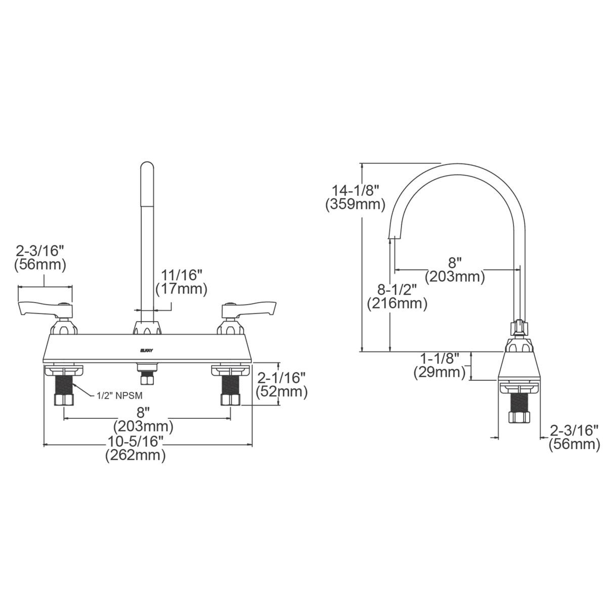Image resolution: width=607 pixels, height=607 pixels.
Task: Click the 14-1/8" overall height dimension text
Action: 355,191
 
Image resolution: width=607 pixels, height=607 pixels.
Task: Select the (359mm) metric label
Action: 355,205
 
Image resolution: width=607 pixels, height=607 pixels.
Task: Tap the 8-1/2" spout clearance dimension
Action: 397,290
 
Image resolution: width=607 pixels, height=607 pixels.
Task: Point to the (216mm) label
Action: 397,303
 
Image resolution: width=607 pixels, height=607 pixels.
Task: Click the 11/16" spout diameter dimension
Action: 182,275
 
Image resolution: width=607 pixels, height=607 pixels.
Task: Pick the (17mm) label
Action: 182,289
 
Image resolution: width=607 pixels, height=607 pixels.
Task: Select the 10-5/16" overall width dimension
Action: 135,442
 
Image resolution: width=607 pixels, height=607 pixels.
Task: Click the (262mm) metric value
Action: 135,455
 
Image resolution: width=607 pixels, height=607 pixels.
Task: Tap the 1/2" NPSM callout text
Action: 116,397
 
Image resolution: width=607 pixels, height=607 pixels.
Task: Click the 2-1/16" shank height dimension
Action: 282,378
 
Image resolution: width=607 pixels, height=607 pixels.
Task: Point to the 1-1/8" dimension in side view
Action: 440,359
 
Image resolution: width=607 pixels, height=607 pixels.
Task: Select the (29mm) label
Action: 440,372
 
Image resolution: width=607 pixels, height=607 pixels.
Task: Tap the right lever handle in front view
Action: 251,307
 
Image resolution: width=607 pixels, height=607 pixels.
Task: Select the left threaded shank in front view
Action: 64,384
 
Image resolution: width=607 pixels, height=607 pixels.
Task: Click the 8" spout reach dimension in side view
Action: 455,263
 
